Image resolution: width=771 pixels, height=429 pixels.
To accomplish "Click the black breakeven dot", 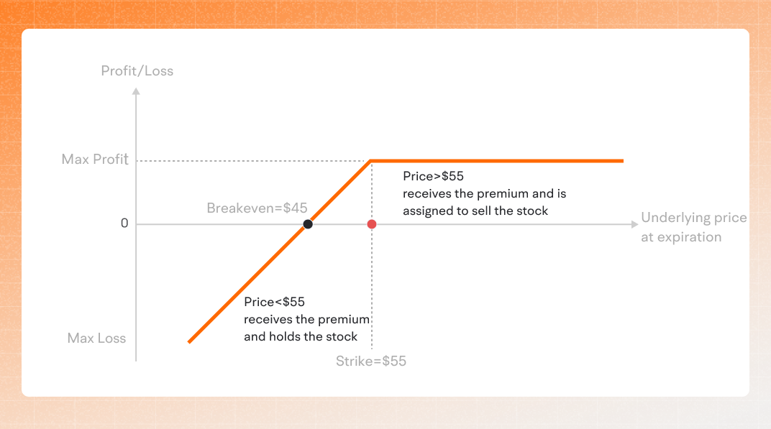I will [x=308, y=224].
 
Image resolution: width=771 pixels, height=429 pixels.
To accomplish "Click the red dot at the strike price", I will [x=372, y=224].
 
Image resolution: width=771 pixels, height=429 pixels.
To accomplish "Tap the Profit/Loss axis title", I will [x=137, y=71].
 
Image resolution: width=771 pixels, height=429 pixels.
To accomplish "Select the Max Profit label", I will [x=95, y=160].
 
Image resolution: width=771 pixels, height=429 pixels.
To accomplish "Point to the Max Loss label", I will [x=96, y=338].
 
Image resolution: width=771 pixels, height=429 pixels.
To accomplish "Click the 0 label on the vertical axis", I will [x=124, y=223].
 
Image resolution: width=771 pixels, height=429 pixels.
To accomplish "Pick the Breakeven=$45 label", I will [x=257, y=208].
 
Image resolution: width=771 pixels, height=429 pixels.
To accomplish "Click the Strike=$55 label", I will [x=371, y=361].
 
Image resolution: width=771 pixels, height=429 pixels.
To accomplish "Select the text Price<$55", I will [x=270, y=302].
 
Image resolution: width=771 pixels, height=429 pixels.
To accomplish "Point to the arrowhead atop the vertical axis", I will [x=136, y=91].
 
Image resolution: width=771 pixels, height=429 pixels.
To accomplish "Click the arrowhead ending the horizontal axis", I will [x=634, y=224].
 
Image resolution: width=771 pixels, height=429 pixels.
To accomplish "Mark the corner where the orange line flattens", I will [x=370, y=160].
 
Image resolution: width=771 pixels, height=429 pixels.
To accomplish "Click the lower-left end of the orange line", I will [x=189, y=341].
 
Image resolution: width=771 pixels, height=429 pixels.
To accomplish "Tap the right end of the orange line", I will [x=621, y=160].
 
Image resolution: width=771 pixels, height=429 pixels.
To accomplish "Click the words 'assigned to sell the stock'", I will [x=475, y=211].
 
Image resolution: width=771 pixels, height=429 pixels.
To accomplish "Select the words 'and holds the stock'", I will [x=301, y=336].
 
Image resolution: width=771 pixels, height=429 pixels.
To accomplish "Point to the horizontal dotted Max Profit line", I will [x=252, y=160].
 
